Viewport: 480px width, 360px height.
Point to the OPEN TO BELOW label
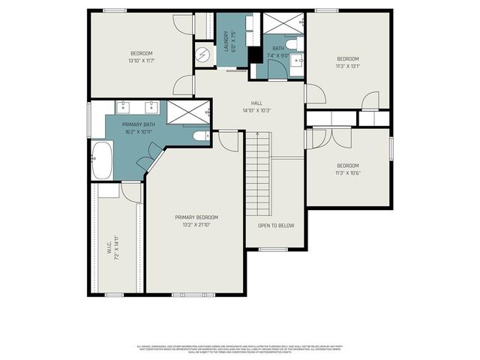pos(276,225)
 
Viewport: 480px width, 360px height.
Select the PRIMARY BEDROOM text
pos(196,217)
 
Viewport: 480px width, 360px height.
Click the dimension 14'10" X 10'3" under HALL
pos(256,111)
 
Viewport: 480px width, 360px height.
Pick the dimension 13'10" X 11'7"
pos(141,60)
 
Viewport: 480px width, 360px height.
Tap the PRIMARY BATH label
pos(139,124)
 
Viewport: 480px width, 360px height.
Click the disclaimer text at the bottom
pos(240,349)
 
